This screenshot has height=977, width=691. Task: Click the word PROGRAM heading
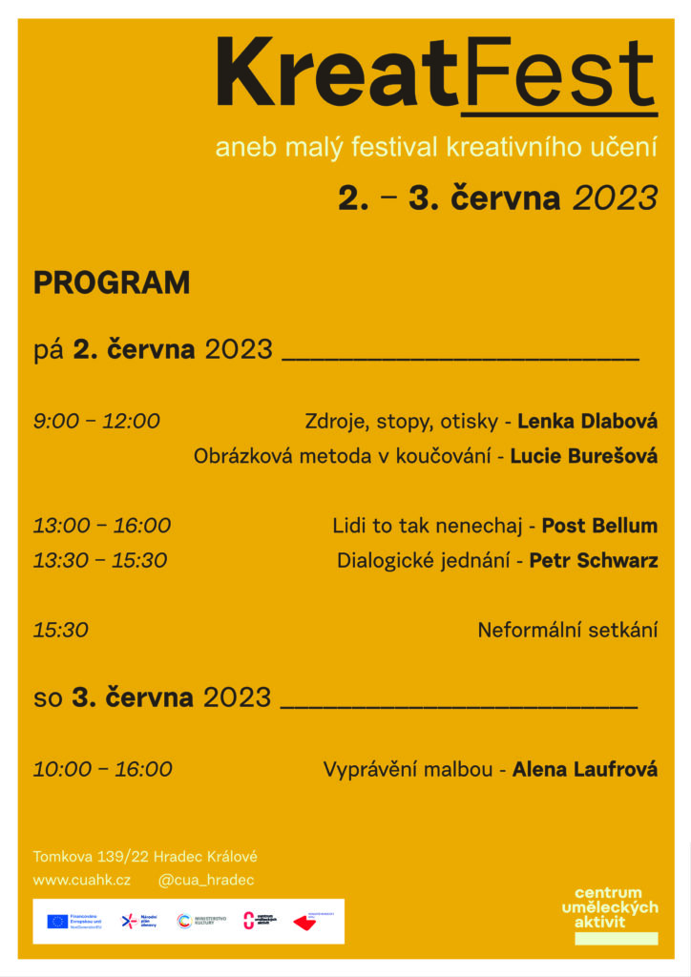point(112,283)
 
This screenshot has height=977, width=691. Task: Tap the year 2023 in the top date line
point(615,198)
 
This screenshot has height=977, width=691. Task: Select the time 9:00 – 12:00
point(96,421)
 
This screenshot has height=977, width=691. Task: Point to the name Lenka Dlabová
point(587,421)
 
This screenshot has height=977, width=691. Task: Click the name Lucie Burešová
point(583,456)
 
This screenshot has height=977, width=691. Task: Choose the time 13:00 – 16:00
point(102,525)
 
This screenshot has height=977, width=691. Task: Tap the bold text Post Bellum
point(599,525)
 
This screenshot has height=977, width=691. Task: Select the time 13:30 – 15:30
point(100,560)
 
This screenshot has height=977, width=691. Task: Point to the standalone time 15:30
point(61,630)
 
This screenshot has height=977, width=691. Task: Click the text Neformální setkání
point(567,630)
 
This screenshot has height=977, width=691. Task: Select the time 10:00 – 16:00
point(103,769)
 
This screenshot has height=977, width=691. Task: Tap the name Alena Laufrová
point(584,769)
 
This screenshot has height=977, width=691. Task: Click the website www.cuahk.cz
point(82,880)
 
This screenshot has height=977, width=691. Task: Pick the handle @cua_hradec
point(206,880)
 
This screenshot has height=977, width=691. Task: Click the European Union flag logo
point(57,921)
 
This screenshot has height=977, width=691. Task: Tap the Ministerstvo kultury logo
point(202,921)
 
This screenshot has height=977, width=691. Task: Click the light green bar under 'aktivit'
point(616,939)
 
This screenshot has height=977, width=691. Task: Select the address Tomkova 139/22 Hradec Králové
point(145,857)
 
